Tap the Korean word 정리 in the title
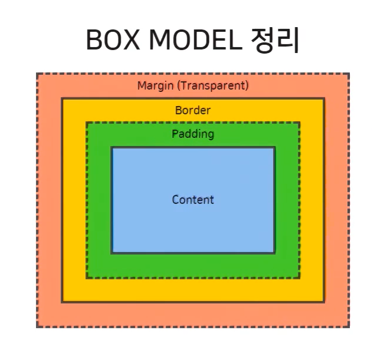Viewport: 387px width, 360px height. point(275,40)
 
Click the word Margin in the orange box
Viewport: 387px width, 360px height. point(155,85)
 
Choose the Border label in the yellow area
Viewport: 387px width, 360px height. point(193,110)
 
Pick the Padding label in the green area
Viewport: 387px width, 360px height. point(193,134)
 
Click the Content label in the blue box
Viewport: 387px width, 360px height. point(193,200)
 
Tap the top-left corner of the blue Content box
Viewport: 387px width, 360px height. point(111,148)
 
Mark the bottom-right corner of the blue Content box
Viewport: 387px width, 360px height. point(275,253)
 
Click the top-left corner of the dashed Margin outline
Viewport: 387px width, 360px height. point(37,74)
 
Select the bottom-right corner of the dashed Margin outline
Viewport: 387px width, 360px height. point(349,326)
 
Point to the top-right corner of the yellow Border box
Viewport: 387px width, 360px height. point(324,99)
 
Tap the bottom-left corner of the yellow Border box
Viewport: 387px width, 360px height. point(62,302)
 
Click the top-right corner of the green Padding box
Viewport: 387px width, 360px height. point(300,123)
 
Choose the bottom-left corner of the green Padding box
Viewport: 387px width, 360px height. point(87,278)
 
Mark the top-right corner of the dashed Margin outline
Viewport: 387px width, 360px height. point(349,74)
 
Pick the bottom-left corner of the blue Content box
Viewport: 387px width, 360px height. point(111,253)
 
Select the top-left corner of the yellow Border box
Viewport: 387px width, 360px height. point(62,99)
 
